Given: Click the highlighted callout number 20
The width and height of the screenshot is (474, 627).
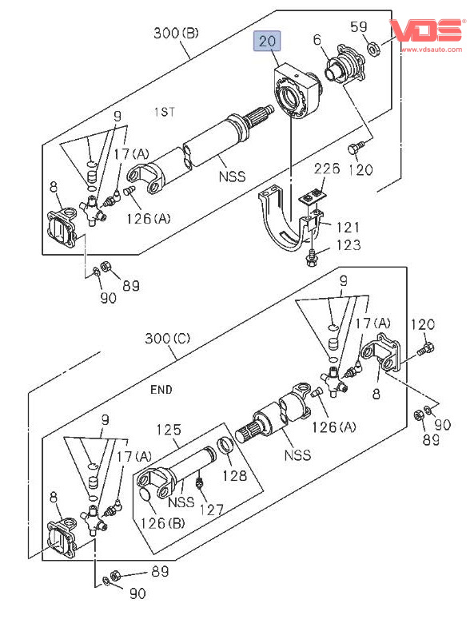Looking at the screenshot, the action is pyautogui.click(x=267, y=41).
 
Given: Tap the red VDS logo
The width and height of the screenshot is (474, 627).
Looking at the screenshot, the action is pyautogui.click(x=427, y=30).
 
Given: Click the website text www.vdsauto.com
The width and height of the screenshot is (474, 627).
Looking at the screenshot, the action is pyautogui.click(x=432, y=50).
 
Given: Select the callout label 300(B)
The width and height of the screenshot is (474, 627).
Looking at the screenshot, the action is pyautogui.click(x=176, y=33).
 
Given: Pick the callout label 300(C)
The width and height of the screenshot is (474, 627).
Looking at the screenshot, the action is pyautogui.click(x=168, y=339).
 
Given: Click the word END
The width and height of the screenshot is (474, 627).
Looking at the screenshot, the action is pyautogui.click(x=161, y=389).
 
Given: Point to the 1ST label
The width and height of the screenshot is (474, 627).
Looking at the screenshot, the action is pyautogui.click(x=165, y=112).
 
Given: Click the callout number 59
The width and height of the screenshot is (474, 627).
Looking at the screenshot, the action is pyautogui.click(x=358, y=27).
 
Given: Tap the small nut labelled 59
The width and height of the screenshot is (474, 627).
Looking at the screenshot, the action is pyautogui.click(x=373, y=50).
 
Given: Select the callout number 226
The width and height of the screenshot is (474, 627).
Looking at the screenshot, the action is pyautogui.click(x=327, y=169).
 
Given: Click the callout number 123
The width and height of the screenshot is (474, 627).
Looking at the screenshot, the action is pyautogui.click(x=349, y=244).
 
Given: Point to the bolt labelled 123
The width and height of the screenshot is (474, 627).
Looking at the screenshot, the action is pyautogui.click(x=311, y=256).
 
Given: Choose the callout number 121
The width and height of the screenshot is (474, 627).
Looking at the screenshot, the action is pyautogui.click(x=348, y=227).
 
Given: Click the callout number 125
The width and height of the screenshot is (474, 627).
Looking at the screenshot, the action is pyautogui.click(x=169, y=430).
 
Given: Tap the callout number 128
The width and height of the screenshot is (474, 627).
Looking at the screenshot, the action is pyautogui.click(x=234, y=475).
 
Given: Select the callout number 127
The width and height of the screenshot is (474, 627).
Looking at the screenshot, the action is pyautogui.click(x=211, y=510).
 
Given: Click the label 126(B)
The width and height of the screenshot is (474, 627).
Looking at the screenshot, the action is pyautogui.click(x=162, y=523).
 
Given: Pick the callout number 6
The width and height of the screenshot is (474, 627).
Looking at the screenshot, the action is pyautogui.click(x=317, y=40).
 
